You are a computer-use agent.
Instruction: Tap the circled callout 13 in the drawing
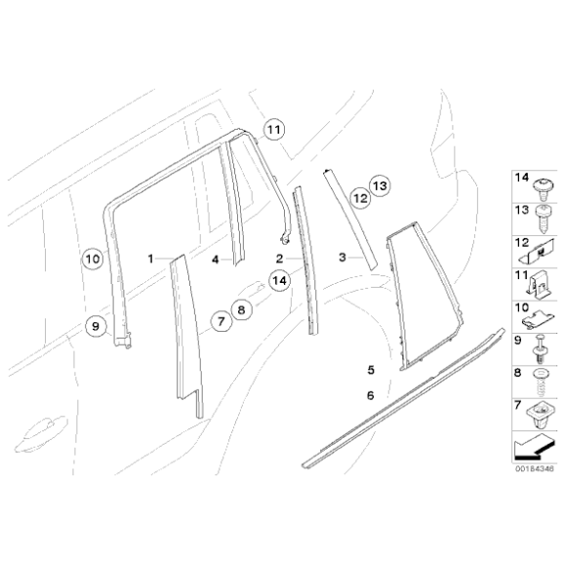[379, 184]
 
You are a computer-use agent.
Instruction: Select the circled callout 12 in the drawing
[359, 198]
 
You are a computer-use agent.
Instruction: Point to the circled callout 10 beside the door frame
[91, 259]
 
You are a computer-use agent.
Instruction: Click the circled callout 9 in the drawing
[96, 326]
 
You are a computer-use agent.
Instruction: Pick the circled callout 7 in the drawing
[221, 320]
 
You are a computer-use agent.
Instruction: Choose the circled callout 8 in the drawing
[242, 308]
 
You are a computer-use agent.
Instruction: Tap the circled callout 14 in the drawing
[280, 281]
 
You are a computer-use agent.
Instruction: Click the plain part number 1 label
[151, 259]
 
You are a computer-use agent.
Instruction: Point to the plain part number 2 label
[279, 259]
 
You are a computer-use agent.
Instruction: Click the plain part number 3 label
[343, 259]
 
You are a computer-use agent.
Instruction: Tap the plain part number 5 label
[371, 370]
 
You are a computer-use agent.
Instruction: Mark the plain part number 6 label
[371, 395]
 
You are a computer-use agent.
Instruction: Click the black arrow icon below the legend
[531, 449]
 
